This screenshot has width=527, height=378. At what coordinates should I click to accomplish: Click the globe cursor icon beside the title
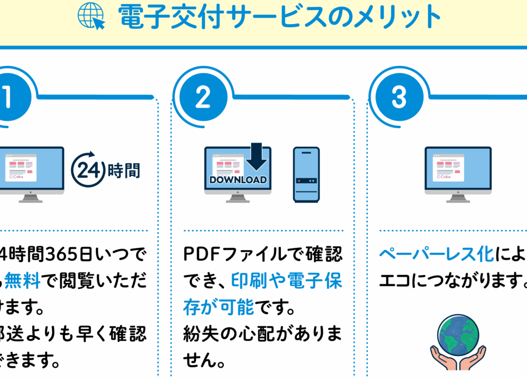click(x=91, y=16)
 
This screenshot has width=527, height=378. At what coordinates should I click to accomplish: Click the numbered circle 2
click(x=203, y=96)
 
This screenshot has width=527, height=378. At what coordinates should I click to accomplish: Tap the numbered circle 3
click(x=399, y=96)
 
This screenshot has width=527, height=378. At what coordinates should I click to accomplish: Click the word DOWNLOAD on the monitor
click(x=238, y=180)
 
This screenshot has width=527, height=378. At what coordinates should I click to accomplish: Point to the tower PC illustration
click(x=306, y=174)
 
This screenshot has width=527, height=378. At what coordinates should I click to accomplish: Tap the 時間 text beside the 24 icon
click(x=124, y=170)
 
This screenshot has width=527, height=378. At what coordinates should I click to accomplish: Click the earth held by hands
click(x=458, y=335)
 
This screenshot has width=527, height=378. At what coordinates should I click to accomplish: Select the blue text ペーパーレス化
click(x=437, y=254)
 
